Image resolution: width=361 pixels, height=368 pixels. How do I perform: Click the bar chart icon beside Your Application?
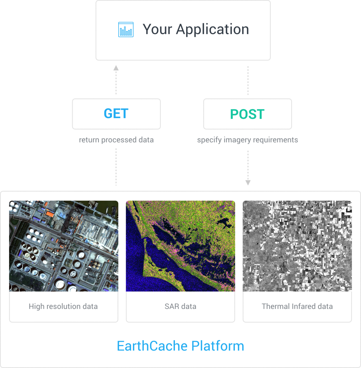click(126, 29)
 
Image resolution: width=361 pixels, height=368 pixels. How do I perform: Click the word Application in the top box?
click(212, 29)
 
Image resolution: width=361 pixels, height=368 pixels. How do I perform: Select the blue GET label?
click(116, 114)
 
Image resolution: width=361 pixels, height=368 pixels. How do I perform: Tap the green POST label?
click(247, 114)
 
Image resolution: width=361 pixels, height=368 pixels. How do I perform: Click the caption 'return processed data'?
click(116, 140)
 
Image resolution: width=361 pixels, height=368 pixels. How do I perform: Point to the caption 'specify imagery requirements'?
click(247, 140)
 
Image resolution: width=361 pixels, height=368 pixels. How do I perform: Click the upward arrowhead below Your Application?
click(116, 68)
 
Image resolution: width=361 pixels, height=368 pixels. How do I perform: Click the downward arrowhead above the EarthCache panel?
click(248, 183)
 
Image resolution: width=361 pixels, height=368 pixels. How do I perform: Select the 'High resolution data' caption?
click(63, 306)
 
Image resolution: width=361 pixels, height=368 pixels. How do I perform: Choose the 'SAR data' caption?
click(180, 306)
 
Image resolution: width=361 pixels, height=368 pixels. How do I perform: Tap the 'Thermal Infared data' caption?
click(297, 306)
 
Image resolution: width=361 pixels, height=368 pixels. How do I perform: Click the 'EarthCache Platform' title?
click(180, 346)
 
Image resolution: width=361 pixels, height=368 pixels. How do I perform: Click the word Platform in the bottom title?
click(218, 346)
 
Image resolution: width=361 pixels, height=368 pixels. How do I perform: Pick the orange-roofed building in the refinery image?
click(50, 214)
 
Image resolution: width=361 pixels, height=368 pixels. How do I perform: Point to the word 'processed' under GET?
click(119, 140)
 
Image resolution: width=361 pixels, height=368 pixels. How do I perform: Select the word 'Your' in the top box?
click(157, 29)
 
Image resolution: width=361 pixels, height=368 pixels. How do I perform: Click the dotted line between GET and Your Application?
click(116, 82)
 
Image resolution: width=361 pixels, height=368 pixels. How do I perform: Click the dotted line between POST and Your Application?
click(248, 80)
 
